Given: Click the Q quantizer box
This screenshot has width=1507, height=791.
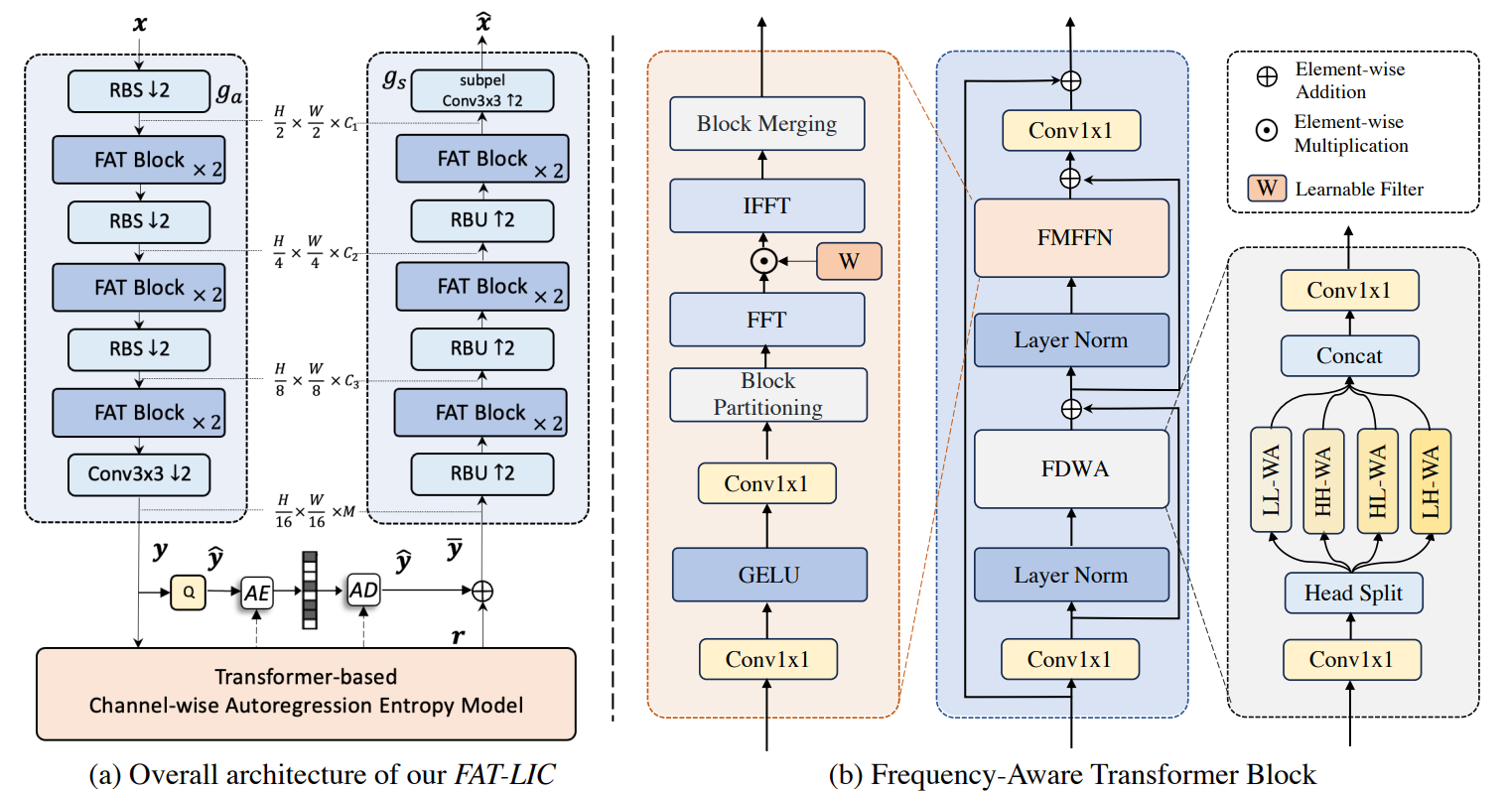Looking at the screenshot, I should pyautogui.click(x=188, y=593).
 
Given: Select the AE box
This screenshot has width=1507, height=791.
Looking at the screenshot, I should pyautogui.click(x=257, y=593).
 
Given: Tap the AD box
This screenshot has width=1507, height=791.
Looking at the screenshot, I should pyautogui.click(x=363, y=591).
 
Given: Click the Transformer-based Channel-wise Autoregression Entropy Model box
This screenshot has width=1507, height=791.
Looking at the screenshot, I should pyautogui.click(x=306, y=693).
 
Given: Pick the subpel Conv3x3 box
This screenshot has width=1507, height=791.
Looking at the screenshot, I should pyautogui.click(x=481, y=91).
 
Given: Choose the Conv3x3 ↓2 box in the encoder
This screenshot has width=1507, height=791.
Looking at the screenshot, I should pyautogui.click(x=139, y=474).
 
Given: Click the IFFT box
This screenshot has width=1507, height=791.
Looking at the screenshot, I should pyautogui.click(x=766, y=205).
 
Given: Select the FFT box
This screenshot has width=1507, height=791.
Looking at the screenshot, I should pyautogui.click(x=766, y=320).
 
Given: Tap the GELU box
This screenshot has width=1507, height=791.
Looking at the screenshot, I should pyautogui.click(x=768, y=575).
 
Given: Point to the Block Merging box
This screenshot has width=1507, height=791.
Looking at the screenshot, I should pyautogui.click(x=766, y=123).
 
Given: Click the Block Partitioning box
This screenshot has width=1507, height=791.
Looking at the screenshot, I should pyautogui.click(x=767, y=394).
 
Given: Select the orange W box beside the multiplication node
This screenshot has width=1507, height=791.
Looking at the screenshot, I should pyautogui.click(x=849, y=261).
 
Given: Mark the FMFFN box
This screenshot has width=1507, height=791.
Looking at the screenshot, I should pyautogui.click(x=1071, y=238).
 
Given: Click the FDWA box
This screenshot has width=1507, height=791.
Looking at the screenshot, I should pyautogui.click(x=1071, y=468).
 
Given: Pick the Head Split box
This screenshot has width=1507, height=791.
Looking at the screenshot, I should pyautogui.click(x=1352, y=593).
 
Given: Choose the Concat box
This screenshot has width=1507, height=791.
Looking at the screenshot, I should pyautogui.click(x=1349, y=355).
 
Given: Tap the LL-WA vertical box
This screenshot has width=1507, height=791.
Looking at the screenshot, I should pyautogui.click(x=1271, y=479).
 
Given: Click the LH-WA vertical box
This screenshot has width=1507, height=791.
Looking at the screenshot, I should pyautogui.click(x=1430, y=479).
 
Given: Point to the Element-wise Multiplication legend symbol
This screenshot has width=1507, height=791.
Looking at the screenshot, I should pyautogui.click(x=1267, y=130).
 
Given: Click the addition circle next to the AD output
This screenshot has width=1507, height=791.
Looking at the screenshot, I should pyautogui.click(x=481, y=591).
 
